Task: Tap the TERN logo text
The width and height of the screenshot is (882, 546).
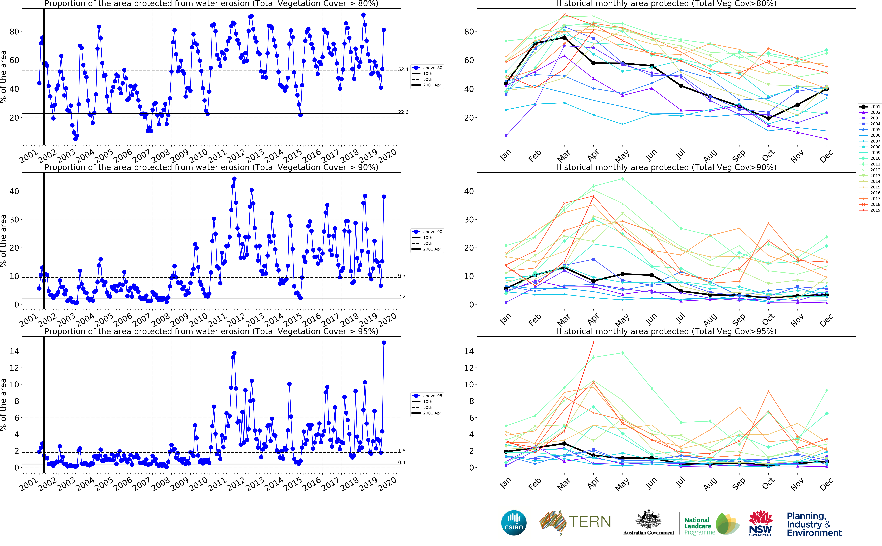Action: pos(590,522)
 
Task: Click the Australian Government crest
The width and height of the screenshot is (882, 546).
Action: pos(649,520)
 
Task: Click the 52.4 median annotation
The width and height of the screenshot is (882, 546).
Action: pos(403,69)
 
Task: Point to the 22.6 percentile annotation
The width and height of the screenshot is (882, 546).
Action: pos(403,112)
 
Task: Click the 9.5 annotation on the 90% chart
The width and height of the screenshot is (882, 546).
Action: pos(402,276)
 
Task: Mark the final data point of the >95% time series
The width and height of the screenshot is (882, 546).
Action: pos(384,343)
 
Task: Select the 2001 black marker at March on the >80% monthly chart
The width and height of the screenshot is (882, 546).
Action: pos(564,38)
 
